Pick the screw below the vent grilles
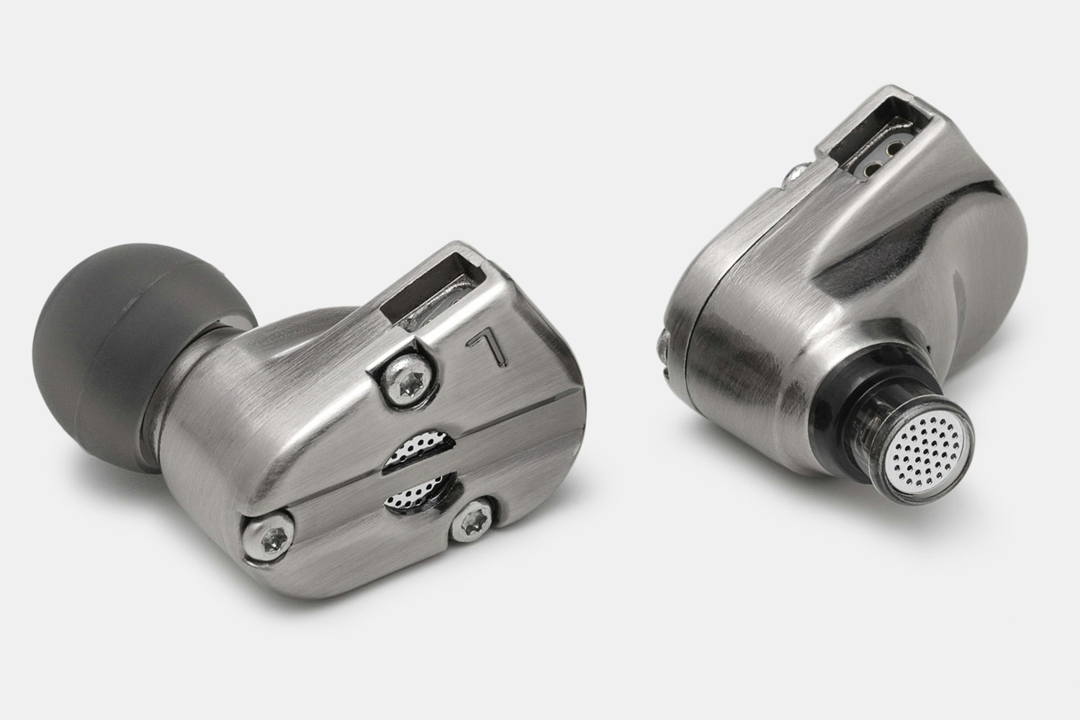(x=476, y=517)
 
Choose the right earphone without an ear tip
(x=828, y=288)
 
